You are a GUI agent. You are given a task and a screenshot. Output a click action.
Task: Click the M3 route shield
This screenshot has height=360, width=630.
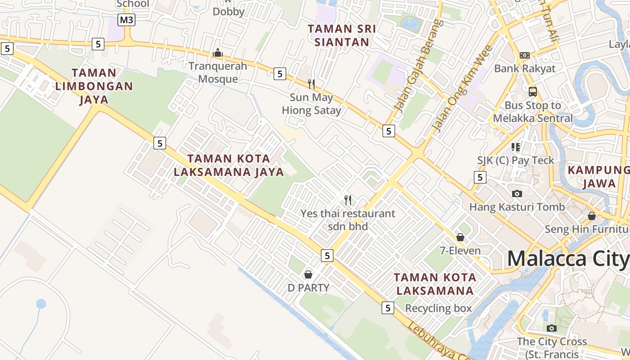click(x=127, y=20)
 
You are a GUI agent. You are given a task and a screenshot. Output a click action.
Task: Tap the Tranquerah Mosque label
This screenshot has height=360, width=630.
click(x=218, y=72)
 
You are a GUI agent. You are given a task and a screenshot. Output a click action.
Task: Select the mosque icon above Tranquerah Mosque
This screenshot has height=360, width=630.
click(x=218, y=53)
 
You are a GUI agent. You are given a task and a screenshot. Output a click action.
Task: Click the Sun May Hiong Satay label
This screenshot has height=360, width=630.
click(x=311, y=104)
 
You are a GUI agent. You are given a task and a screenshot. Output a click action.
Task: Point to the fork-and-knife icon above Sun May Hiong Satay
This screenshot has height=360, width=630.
click(x=311, y=84)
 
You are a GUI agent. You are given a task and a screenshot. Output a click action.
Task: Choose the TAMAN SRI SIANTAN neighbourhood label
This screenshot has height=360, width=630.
click(x=342, y=36)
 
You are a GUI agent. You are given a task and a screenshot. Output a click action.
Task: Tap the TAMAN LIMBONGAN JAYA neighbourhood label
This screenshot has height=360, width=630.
click(x=94, y=86)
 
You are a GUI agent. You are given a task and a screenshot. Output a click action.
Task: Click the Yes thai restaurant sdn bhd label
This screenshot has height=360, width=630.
click(x=348, y=220)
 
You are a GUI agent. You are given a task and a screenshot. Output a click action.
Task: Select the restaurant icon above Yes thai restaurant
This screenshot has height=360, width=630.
click(x=348, y=200)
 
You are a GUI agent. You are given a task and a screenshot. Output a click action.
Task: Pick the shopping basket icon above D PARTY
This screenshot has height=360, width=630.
click(x=308, y=274)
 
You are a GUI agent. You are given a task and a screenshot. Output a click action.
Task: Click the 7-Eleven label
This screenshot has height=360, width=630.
click(x=460, y=251)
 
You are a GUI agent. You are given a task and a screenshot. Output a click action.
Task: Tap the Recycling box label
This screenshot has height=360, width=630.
click(x=438, y=308)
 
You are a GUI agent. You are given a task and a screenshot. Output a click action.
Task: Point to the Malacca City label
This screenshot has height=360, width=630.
click(x=568, y=259)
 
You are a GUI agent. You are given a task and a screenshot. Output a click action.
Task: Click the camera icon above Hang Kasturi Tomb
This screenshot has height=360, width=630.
click(x=517, y=193)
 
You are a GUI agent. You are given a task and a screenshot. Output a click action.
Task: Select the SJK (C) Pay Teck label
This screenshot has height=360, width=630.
click(x=516, y=160)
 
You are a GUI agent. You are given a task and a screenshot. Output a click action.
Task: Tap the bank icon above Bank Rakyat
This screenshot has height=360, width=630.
click(x=524, y=55)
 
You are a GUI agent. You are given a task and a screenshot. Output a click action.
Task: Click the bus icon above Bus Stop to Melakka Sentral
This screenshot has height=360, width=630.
click(x=533, y=92)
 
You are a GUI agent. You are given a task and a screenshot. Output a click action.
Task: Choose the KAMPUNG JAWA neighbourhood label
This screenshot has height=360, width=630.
click(x=599, y=177)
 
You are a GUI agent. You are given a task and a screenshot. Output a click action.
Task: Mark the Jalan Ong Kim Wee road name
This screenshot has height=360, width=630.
click(x=462, y=90)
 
